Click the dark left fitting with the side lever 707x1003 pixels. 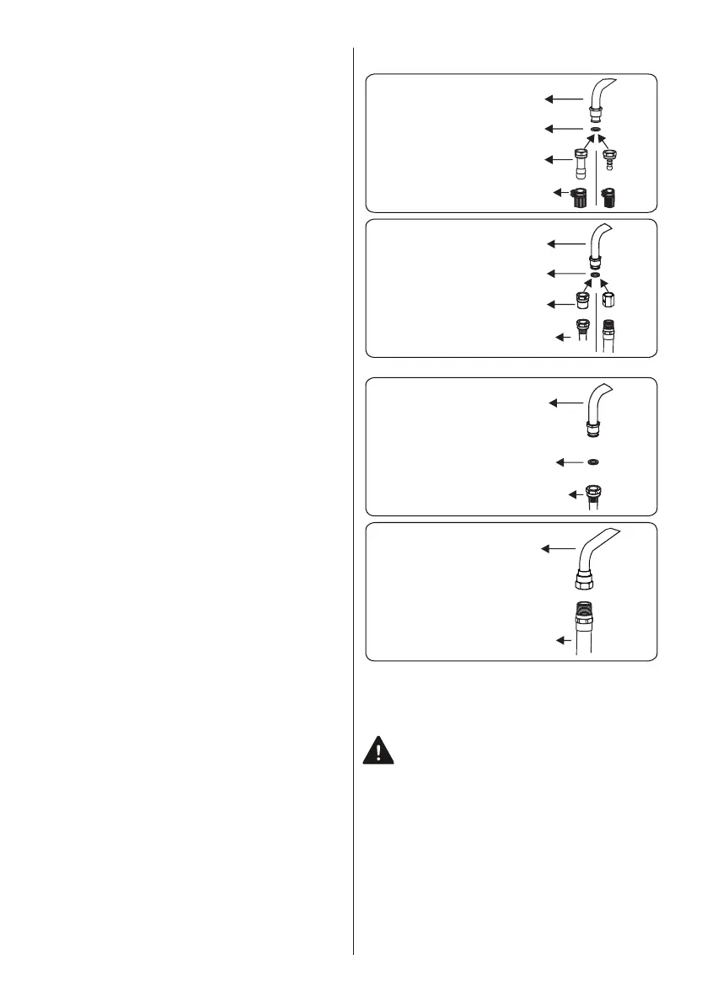click(x=579, y=199)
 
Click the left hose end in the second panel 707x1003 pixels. click(x=581, y=331)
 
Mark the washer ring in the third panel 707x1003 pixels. click(x=595, y=462)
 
